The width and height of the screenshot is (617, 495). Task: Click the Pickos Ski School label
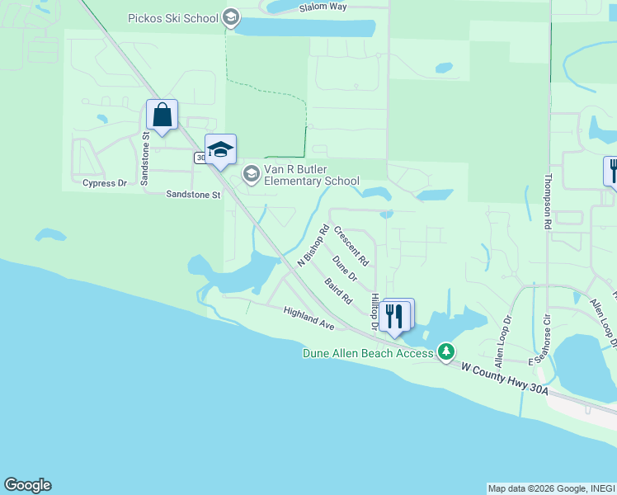173,17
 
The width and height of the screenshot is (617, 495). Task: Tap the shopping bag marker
162,115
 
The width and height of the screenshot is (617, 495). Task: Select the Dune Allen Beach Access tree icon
446,352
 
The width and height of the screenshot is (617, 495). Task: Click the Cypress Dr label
105,183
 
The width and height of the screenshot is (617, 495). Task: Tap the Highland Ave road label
308,318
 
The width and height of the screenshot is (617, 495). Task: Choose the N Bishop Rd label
313,245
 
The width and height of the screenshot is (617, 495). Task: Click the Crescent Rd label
351,247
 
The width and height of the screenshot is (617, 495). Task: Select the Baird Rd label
338,290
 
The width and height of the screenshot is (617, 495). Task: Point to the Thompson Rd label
547,202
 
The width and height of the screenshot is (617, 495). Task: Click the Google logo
27,485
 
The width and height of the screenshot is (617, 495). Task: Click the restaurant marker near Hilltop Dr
395,315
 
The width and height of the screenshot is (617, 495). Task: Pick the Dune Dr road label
345,267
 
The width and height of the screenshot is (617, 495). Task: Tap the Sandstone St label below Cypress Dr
193,196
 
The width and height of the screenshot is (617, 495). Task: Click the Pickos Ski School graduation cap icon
230,17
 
